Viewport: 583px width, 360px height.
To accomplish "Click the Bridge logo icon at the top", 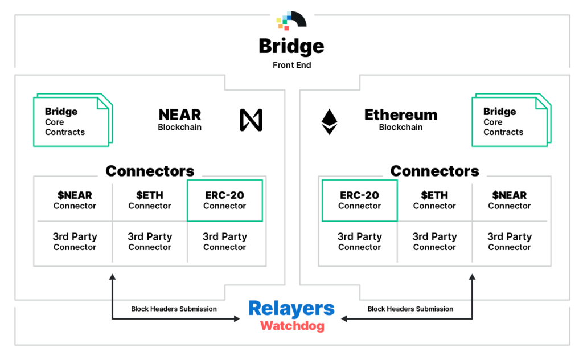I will pos(291,20).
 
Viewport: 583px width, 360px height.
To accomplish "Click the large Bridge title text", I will pos(291,46).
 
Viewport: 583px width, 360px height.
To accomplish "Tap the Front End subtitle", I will pos(291,65).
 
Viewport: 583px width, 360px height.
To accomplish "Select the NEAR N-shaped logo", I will pos(251,120).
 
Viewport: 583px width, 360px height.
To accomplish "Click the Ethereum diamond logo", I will pos(329,121).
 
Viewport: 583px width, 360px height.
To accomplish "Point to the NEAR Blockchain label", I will pos(179,120).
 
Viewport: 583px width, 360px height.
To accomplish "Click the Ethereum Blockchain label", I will pos(401,120).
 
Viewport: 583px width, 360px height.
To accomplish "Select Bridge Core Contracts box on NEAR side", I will pos(72,121).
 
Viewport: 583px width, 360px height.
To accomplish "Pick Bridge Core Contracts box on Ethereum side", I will pos(510,121).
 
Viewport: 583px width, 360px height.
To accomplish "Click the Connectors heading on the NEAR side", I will pos(150,171).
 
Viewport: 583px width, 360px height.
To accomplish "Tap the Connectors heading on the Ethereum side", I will pos(434,171).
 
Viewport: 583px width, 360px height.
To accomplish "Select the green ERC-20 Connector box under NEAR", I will pos(224,201).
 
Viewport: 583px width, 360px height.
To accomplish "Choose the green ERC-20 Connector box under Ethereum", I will pos(359,201).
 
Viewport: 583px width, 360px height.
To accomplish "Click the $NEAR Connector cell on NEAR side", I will pos(75,201).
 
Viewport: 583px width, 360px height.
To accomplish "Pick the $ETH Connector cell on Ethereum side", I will pos(434,201).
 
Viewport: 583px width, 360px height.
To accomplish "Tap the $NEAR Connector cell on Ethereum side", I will pos(509,201).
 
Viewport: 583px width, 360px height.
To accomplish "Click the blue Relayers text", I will pos(291,309).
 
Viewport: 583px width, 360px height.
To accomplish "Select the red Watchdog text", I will pos(292,326).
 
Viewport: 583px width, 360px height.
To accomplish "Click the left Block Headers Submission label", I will pos(174,309).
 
